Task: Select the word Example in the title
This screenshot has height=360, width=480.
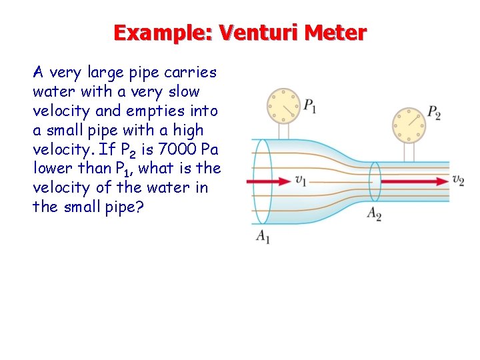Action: point(161,32)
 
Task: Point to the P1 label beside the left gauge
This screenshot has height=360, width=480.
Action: point(310,105)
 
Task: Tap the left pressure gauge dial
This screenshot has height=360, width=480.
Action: point(285,106)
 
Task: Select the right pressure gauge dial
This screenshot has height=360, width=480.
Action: point(407,124)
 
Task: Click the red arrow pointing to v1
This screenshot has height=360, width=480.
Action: point(271,180)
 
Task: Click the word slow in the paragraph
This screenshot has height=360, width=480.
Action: point(184,91)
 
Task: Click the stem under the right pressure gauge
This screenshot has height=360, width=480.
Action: point(407,151)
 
